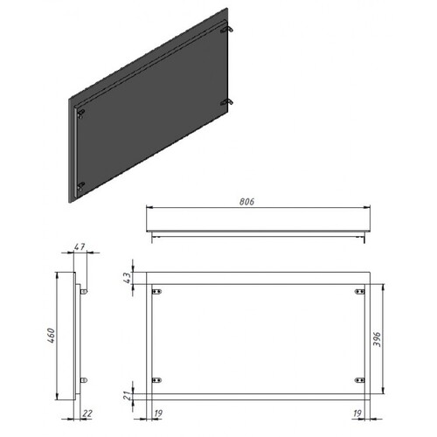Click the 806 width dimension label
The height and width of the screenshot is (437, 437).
click(x=246, y=202)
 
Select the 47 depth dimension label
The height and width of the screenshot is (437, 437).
click(x=80, y=246)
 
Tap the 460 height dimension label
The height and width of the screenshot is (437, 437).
click(x=52, y=336)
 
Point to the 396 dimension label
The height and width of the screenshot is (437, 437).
click(x=377, y=339)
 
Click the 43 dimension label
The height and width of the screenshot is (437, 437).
click(x=128, y=278)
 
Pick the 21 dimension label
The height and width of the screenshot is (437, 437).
click(x=128, y=396)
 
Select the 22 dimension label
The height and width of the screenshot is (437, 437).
click(x=87, y=413)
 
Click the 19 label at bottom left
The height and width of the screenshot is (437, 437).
click(x=158, y=413)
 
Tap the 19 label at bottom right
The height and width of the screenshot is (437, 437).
click(x=357, y=413)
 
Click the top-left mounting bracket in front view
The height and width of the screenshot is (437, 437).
click(x=156, y=292)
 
